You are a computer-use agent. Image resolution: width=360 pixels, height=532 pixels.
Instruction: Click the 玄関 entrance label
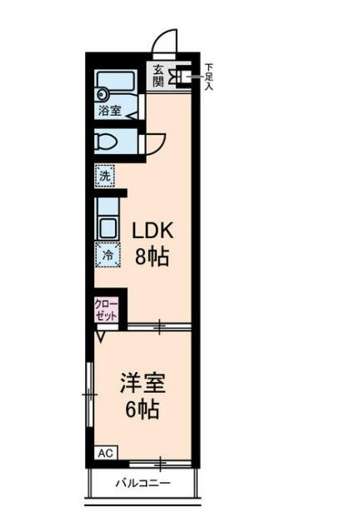(158, 76)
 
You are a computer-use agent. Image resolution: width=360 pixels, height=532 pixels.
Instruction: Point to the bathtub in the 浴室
(115, 86)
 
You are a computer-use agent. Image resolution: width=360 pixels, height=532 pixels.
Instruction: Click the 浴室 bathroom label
(109, 109)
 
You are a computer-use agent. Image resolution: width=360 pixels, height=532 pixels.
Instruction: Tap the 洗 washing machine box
(104, 177)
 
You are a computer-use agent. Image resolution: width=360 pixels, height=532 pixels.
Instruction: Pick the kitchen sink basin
(107, 227)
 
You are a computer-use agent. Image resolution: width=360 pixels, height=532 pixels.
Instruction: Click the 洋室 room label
(142, 384)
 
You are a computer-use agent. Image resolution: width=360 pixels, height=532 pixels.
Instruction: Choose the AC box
(105, 454)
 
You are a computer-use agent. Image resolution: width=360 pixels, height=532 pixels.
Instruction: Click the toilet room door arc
(155, 142)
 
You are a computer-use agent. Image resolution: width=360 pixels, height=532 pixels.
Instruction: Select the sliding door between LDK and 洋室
(158, 326)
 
